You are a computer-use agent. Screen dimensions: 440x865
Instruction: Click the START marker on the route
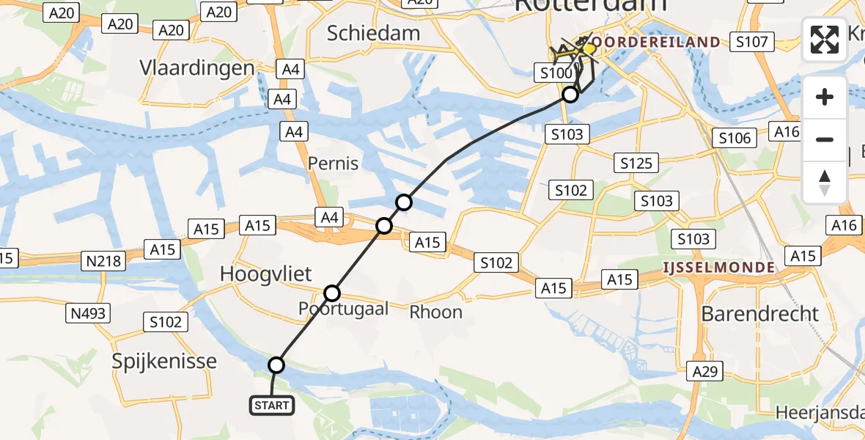coord(273,405)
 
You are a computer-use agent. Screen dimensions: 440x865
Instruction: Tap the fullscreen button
coord(825,40)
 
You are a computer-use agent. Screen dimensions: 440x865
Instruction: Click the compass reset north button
coord(825,182)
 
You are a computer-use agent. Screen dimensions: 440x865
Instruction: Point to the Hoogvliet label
coord(265,274)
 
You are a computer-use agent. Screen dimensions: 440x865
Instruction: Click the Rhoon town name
coord(435,312)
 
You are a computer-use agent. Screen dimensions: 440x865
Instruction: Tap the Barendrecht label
coord(760,314)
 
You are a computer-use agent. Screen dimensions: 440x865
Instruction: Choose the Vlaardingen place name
coord(197,68)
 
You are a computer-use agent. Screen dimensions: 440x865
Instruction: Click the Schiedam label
coord(373,33)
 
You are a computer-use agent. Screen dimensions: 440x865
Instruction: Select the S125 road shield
coord(636,163)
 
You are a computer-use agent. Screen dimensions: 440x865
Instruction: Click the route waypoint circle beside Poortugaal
coord(332,293)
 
